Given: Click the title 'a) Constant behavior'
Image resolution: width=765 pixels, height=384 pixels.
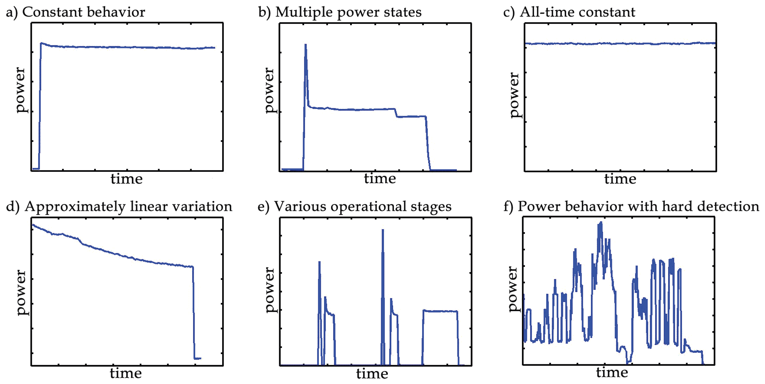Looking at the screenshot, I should [x=75, y=12].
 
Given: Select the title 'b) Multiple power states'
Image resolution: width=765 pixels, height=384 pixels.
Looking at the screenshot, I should [x=340, y=12].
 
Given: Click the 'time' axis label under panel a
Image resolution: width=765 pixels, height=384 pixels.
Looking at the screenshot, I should [x=126, y=179].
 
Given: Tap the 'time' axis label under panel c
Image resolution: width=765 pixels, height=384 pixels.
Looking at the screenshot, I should [x=620, y=179].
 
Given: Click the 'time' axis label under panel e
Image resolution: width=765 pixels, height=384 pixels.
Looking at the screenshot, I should [x=372, y=374].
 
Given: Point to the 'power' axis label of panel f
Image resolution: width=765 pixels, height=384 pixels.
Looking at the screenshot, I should [x=513, y=289].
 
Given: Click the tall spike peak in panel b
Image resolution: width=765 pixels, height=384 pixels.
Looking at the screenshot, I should [x=306, y=45].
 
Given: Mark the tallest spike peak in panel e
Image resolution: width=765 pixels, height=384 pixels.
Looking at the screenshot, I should [x=383, y=230].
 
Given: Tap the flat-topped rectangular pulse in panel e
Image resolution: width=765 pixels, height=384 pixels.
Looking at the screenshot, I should [x=440, y=311].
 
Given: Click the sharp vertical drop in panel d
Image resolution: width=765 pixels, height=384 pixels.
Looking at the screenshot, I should [x=193, y=312].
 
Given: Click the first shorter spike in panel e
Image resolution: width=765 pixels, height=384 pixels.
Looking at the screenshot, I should [x=319, y=263].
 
